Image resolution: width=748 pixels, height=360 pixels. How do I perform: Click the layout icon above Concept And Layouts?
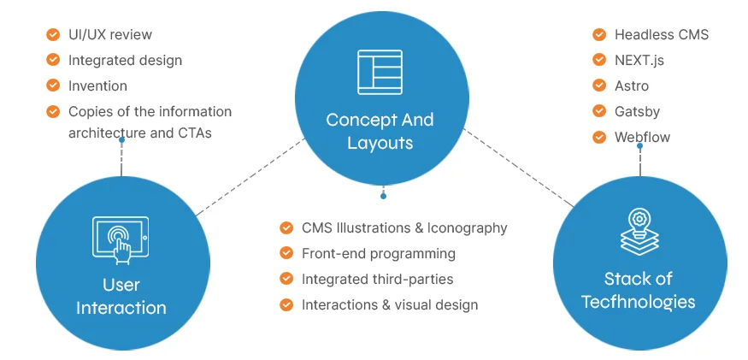point(380,72)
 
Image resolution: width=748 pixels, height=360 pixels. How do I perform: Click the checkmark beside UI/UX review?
point(53,35)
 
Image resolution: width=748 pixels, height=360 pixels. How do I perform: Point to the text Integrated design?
point(125,61)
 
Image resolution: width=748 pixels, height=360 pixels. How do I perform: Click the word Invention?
point(97,86)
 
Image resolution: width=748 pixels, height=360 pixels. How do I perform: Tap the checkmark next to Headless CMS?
point(599,35)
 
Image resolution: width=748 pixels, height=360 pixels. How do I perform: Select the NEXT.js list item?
point(639,61)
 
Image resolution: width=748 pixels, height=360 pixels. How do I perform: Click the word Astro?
point(632,86)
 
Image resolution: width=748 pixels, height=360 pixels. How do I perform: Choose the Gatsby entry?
point(637,111)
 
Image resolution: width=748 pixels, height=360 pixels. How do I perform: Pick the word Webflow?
point(642,137)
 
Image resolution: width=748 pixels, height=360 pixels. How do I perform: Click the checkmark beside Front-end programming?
point(286,254)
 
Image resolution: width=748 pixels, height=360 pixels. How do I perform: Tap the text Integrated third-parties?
point(377,279)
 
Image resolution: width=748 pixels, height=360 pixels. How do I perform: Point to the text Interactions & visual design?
point(389,304)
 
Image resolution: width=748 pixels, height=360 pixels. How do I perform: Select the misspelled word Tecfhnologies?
point(638,302)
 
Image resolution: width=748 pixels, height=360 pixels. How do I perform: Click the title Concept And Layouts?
point(380,131)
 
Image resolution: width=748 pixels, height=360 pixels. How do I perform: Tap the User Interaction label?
point(121,296)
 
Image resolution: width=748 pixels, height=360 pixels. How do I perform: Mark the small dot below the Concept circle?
point(383,196)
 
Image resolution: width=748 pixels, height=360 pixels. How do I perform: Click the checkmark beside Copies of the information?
point(53,111)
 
